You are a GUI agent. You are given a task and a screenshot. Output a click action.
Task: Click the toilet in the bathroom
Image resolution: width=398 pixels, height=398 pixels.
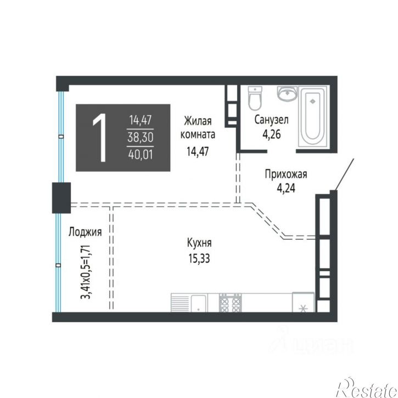255,98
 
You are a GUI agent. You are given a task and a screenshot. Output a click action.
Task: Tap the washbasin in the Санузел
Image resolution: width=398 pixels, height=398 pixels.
287,93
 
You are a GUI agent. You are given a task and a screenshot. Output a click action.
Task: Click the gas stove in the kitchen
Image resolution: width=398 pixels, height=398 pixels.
230,302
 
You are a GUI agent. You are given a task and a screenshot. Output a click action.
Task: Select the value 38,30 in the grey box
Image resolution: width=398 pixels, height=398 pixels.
141,138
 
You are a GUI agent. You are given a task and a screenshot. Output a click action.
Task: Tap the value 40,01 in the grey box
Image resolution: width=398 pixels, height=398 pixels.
141,154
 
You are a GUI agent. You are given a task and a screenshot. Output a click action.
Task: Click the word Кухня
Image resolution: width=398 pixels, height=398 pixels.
199,243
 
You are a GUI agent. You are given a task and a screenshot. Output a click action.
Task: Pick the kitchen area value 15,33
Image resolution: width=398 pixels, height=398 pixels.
199,259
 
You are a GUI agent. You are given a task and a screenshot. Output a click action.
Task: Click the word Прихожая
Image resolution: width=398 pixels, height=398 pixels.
286,175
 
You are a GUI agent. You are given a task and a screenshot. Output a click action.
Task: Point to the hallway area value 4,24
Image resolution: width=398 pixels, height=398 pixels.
286,189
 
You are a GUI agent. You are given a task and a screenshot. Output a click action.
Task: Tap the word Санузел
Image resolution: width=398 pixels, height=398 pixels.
272,120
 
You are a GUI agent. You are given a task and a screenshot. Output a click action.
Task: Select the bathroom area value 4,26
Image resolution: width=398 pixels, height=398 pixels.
272,134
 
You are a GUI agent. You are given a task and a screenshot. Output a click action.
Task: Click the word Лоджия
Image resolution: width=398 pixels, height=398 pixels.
85,232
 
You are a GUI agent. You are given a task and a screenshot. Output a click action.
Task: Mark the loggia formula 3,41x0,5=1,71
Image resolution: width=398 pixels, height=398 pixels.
86,272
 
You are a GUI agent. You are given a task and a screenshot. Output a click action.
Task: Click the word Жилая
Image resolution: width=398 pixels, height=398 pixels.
198,121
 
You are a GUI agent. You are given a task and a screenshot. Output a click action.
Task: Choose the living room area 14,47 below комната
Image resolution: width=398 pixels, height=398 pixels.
198,152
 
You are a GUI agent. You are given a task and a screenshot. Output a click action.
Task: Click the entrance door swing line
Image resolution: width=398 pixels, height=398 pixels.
344,175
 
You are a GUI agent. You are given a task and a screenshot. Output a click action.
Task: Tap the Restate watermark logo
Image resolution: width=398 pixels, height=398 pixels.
367,388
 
